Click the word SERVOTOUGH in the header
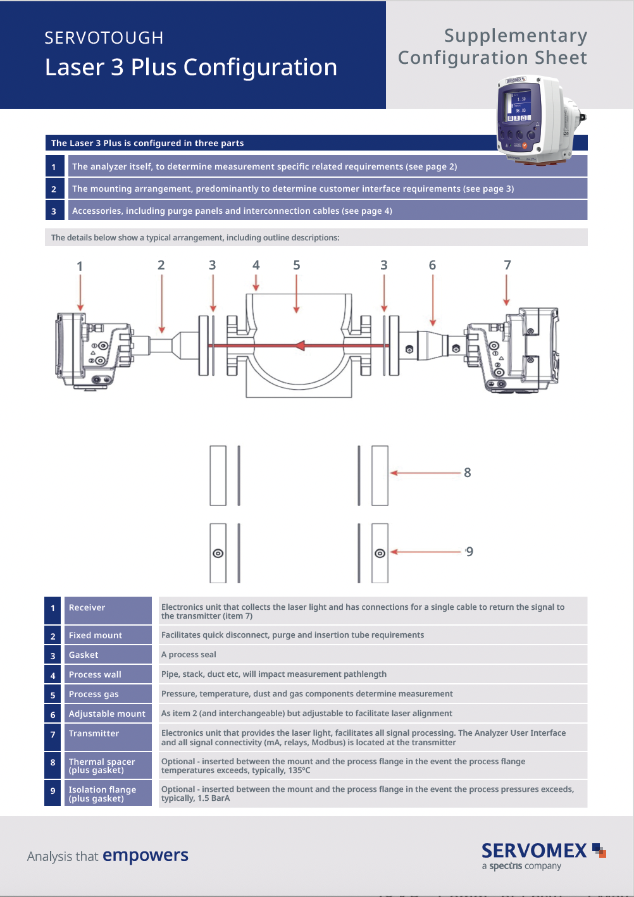[104, 38]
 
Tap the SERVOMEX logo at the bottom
[535, 851]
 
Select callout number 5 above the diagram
[296, 265]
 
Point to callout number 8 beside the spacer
[467, 473]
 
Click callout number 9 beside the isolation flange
[469, 552]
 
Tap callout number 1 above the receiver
[80, 266]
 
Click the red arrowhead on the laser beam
[299, 345]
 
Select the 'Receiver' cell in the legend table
[108, 608]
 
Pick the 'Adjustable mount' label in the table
[107, 714]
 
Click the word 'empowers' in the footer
[146, 855]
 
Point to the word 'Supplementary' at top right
[515, 36]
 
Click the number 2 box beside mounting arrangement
[54, 189]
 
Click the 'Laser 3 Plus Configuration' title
[191, 67]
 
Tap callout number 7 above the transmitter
[507, 265]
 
